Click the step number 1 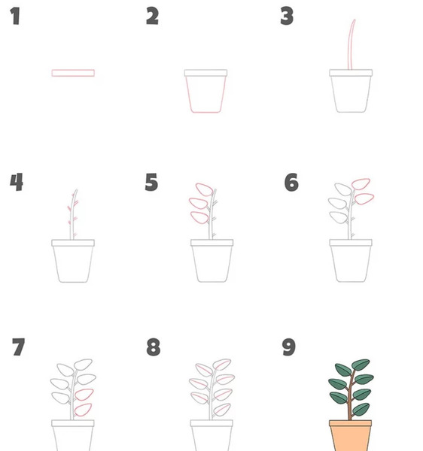click(x=15, y=16)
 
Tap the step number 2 click(x=152, y=16)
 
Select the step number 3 click(x=287, y=16)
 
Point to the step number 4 click(x=17, y=182)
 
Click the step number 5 click(x=151, y=182)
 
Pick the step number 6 click(x=291, y=182)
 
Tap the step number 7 click(x=18, y=347)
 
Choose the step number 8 click(x=154, y=347)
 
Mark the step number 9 click(x=288, y=347)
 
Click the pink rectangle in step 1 click(x=73, y=73)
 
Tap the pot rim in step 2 click(x=206, y=73)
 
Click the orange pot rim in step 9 click(x=351, y=423)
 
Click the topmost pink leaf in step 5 click(x=204, y=189)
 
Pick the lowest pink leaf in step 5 click(x=199, y=218)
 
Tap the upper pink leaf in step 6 click(x=361, y=184)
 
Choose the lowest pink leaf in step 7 click(x=83, y=410)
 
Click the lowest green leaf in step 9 click(x=361, y=410)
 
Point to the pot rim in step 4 click(x=73, y=243)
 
